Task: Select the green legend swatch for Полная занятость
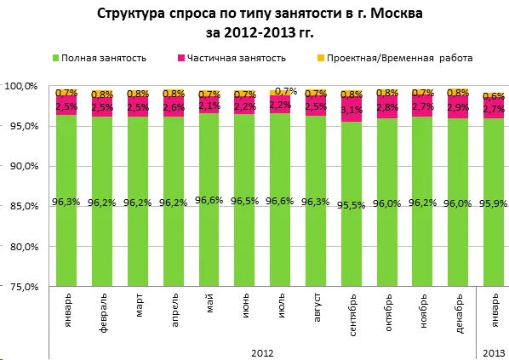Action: click(x=56, y=58)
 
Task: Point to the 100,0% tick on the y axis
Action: click(x=20, y=86)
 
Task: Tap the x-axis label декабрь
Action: click(x=458, y=315)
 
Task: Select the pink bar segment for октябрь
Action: click(x=386, y=108)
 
